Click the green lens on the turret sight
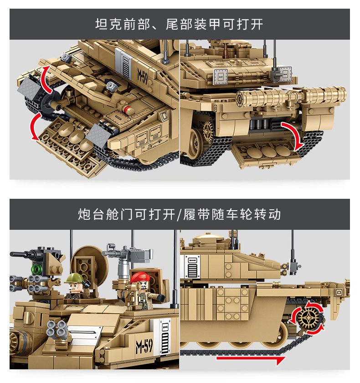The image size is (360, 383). click(x=36, y=269)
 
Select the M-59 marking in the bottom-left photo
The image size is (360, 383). click(x=144, y=346)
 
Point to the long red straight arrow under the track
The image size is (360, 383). click(x=251, y=359)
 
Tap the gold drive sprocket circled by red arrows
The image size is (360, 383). click(x=309, y=318)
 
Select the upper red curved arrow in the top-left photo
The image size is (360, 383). click(x=46, y=79)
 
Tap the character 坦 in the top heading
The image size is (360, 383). click(x=102, y=25)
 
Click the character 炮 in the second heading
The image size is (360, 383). click(x=84, y=214)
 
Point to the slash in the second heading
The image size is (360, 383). click(x=180, y=214)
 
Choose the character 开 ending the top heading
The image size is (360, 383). click(x=257, y=25)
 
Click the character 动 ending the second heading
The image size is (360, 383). click(x=275, y=214)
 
